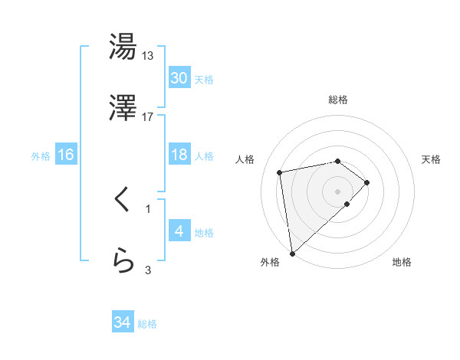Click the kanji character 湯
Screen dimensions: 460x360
123,47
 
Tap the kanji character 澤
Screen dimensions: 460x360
123,109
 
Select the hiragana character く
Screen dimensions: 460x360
123,201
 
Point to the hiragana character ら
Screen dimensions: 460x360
123,261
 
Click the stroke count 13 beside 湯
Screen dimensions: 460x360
148,55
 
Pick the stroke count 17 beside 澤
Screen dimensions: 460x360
148,116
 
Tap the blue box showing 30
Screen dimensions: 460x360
179,78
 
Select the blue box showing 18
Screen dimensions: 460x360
179,155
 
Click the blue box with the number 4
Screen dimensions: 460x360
179,231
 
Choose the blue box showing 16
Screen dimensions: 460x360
66,155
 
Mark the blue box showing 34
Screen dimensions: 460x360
123,322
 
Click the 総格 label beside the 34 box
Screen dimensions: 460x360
147,324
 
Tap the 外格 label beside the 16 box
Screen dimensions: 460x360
41,156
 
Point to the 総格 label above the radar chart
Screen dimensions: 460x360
338,100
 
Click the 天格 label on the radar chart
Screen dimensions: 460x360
432,159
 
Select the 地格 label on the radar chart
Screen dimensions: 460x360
402,262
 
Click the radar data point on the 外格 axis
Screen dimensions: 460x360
291,253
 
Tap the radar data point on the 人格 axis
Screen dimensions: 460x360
281,172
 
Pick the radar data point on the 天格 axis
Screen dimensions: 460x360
367,182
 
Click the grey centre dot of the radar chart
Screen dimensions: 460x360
338,190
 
